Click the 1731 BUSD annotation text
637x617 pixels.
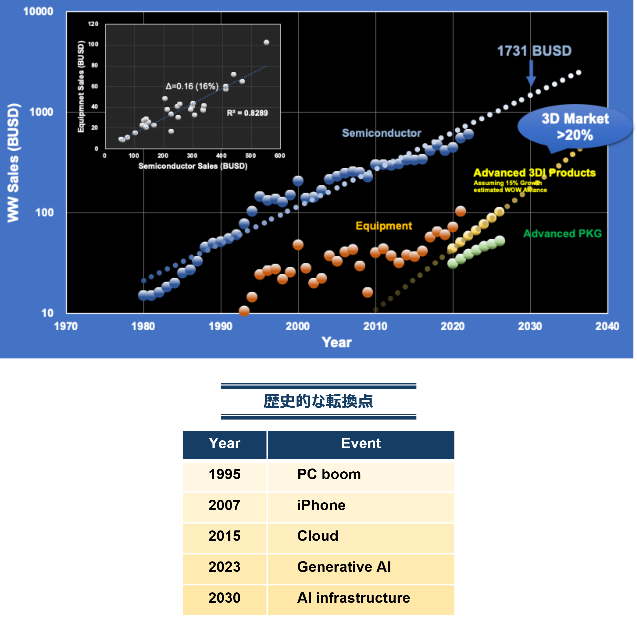pyautogui.click(x=534, y=51)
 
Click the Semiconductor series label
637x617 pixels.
pyautogui.click(x=382, y=133)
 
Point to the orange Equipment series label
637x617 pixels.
pyautogui.click(x=383, y=226)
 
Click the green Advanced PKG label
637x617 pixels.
pyautogui.click(x=562, y=233)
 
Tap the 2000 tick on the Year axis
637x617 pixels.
pyautogui.click(x=298, y=326)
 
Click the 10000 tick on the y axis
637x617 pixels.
pyautogui.click(x=38, y=12)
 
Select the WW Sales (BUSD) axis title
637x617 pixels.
pyautogui.click(x=13, y=163)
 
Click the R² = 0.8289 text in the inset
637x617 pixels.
pyautogui.click(x=247, y=113)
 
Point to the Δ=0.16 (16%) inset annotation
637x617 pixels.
pyautogui.click(x=192, y=86)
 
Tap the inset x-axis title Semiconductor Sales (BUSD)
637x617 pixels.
pyautogui.click(x=193, y=166)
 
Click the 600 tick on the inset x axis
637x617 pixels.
pyautogui.click(x=279, y=156)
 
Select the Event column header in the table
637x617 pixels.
pyautogui.click(x=361, y=444)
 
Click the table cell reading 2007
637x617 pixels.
pyautogui.click(x=224, y=505)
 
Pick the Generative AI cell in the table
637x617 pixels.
pyautogui.click(x=344, y=567)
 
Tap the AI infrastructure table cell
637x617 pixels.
pyautogui.click(x=354, y=598)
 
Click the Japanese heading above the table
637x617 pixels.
pyautogui.click(x=318, y=401)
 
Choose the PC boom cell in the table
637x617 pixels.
pyautogui.click(x=329, y=475)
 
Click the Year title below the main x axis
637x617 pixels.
pyautogui.click(x=337, y=343)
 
